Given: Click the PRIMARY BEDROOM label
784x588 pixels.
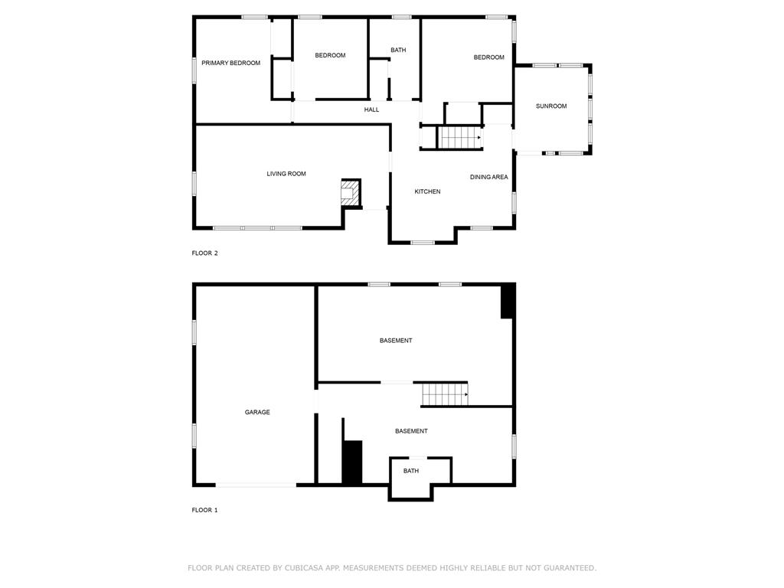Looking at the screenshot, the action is (x=231, y=63).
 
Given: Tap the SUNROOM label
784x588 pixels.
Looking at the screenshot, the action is (x=551, y=106).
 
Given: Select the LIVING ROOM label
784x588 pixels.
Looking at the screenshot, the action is (x=286, y=174).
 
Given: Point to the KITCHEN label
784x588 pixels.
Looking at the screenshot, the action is (x=427, y=191).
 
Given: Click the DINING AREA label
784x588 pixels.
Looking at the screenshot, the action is (x=489, y=177).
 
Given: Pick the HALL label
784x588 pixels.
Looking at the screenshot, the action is (x=371, y=109).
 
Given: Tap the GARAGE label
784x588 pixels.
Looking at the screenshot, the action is (x=257, y=412).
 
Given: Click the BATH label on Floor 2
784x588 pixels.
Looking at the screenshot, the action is (x=398, y=50).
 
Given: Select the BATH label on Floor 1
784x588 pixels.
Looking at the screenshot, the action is (x=411, y=471).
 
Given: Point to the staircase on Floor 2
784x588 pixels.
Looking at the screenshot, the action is (x=459, y=138).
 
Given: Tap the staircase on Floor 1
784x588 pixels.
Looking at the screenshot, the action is (x=445, y=394).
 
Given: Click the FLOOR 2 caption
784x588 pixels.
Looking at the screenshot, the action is (x=205, y=253).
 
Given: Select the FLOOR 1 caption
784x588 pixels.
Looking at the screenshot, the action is (x=205, y=510).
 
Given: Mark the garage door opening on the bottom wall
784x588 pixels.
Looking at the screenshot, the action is (x=256, y=485).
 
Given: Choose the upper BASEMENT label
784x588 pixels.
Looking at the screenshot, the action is (x=396, y=341).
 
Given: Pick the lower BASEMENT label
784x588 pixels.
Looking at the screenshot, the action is (x=411, y=431).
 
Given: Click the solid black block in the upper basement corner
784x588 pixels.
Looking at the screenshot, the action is (x=508, y=301).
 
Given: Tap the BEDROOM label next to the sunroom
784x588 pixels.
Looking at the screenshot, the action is (x=489, y=57).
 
